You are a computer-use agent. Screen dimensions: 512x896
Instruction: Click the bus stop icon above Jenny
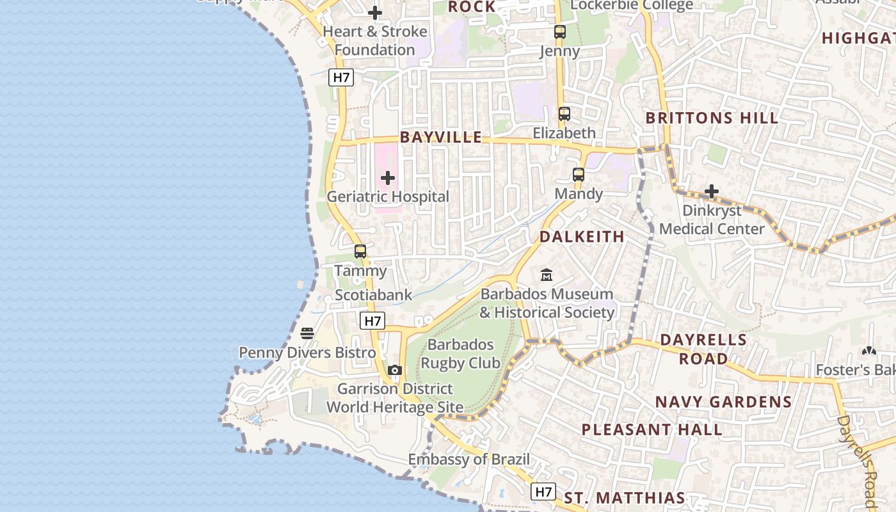(560, 31)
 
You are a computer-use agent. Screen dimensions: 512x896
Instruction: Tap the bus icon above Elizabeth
(564, 114)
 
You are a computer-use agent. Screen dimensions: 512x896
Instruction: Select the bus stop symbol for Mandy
(579, 174)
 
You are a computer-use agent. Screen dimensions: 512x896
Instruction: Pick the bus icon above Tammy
(360, 252)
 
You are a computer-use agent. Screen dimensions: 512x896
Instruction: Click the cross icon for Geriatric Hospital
(388, 178)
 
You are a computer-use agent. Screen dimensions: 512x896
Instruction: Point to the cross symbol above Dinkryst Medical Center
(712, 191)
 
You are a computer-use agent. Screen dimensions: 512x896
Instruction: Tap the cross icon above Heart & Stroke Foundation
(375, 12)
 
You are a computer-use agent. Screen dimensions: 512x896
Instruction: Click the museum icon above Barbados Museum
(547, 275)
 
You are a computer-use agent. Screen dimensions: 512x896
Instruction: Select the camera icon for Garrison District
(395, 370)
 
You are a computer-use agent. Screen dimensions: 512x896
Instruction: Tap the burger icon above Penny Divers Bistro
(307, 333)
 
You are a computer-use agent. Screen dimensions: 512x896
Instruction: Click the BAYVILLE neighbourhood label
(441, 137)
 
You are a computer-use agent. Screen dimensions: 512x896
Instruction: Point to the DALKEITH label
(582, 237)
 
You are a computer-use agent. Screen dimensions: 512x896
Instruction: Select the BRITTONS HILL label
(712, 118)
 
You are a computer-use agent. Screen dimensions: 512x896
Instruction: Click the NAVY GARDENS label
(723, 402)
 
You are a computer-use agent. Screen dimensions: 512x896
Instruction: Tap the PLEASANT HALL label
(652, 429)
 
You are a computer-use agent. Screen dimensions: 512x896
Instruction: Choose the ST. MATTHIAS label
(624, 497)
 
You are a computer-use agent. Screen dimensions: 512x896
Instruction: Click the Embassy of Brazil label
(469, 460)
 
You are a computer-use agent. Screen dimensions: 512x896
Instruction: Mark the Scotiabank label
(374, 295)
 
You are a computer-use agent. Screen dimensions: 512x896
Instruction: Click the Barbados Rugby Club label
(460, 354)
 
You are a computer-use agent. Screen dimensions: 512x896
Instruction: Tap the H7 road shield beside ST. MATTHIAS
(543, 492)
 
